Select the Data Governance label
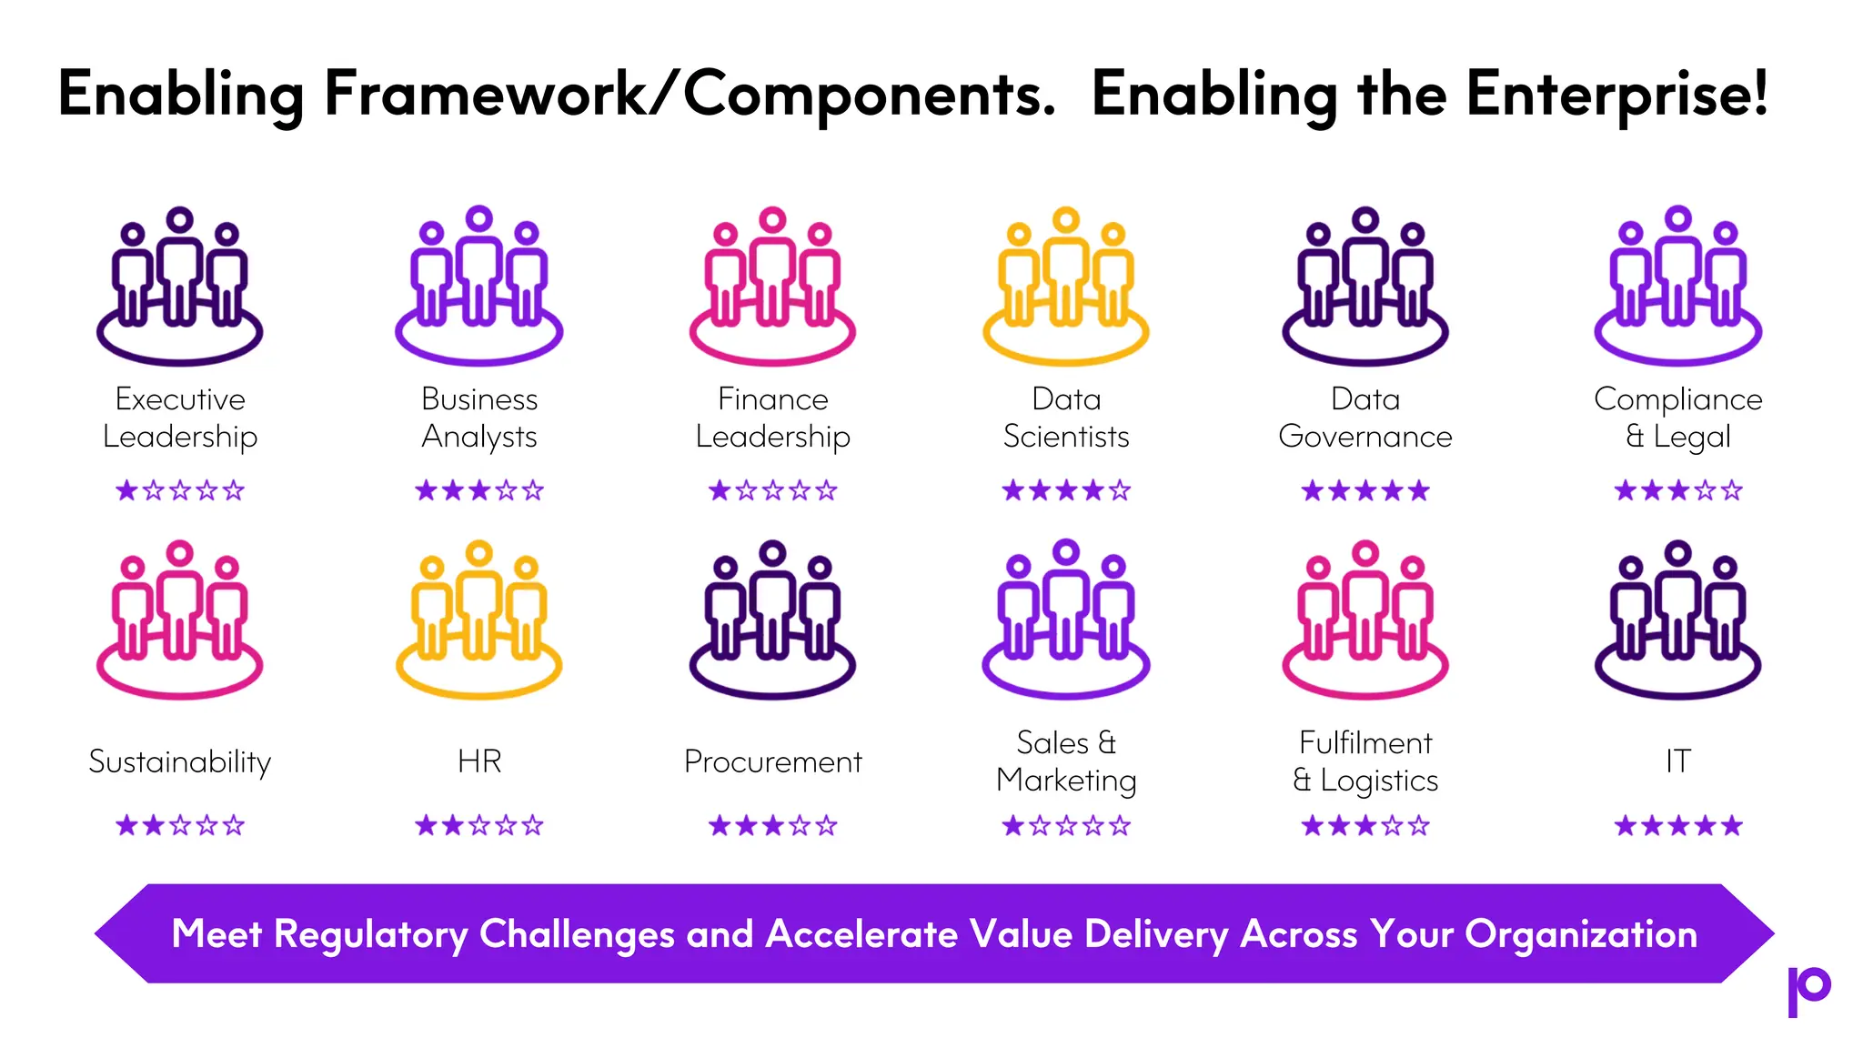coord(1365,418)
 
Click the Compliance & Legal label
coord(1677,418)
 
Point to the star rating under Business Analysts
coord(479,491)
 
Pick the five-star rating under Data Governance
coord(1365,491)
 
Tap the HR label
coord(479,761)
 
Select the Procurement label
coord(772,761)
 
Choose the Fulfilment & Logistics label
coord(1365,761)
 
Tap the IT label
coord(1677,761)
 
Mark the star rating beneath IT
coord(1677,826)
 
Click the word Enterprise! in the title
coord(1617,94)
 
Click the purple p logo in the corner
coord(1808,991)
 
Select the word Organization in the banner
coord(1581,934)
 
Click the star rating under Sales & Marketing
coord(1065,826)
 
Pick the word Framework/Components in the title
coord(690,94)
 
